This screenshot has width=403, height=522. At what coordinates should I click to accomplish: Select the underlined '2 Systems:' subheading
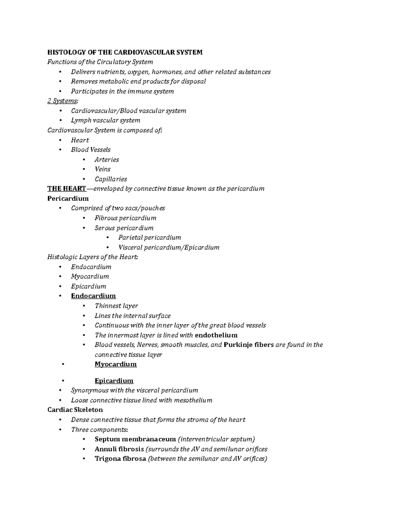point(62,101)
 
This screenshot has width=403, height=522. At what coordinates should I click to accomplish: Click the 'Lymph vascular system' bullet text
point(105,120)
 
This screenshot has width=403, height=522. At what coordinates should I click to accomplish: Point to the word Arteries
point(107,160)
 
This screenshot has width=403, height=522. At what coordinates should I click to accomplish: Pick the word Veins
point(102,169)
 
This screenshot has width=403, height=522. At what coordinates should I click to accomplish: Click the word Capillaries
point(111,179)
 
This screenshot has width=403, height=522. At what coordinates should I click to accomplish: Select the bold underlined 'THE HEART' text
point(67,189)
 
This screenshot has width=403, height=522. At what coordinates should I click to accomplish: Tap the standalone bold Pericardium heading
point(68,198)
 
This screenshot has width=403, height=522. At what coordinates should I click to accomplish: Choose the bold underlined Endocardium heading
point(93,296)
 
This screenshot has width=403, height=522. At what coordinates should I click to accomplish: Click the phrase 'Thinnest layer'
point(116,306)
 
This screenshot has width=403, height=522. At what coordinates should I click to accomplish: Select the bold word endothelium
point(216,335)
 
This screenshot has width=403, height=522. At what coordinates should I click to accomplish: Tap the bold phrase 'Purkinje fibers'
point(249,345)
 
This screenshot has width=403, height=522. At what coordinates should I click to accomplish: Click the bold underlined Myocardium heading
point(116,364)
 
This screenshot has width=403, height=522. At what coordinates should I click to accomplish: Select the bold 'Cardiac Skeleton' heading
point(75,410)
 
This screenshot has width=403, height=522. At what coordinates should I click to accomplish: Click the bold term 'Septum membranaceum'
point(135,439)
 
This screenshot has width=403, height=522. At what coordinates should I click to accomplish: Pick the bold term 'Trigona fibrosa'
point(120,458)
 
